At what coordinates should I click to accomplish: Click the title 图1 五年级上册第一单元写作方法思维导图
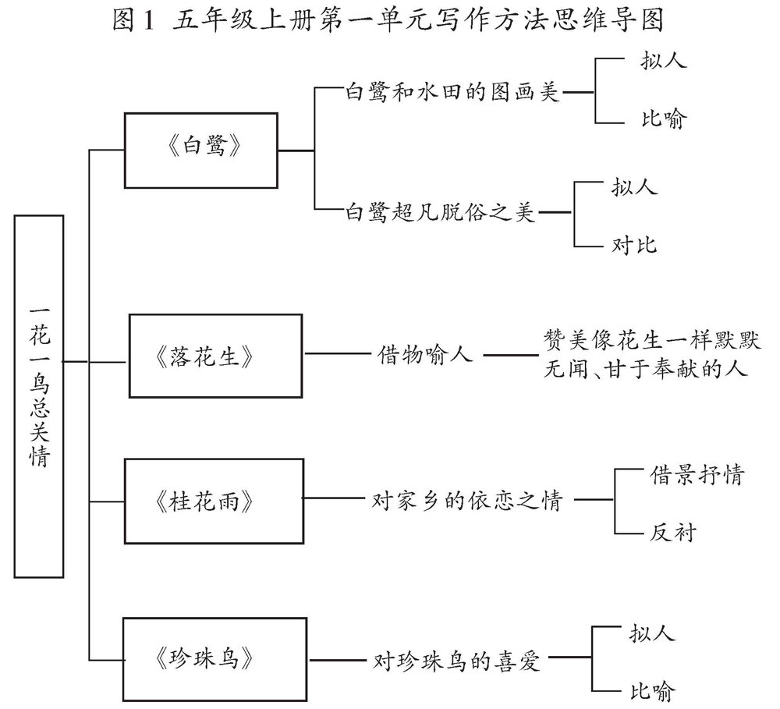pyautogui.click(x=388, y=21)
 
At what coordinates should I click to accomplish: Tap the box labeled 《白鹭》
pyautogui.click(x=201, y=149)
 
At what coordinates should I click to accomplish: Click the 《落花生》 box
pyautogui.click(x=214, y=355)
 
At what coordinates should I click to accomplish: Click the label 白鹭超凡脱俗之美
pyautogui.click(x=441, y=212)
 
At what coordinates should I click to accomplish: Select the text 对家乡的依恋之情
pyautogui.click(x=467, y=499)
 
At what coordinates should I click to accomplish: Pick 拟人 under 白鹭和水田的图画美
pyautogui.click(x=662, y=62)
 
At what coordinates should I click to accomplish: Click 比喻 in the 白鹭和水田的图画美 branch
pyautogui.click(x=662, y=121)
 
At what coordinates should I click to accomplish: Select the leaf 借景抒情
pyautogui.click(x=697, y=474)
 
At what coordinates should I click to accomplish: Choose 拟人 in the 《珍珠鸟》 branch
pyautogui.click(x=651, y=632)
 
